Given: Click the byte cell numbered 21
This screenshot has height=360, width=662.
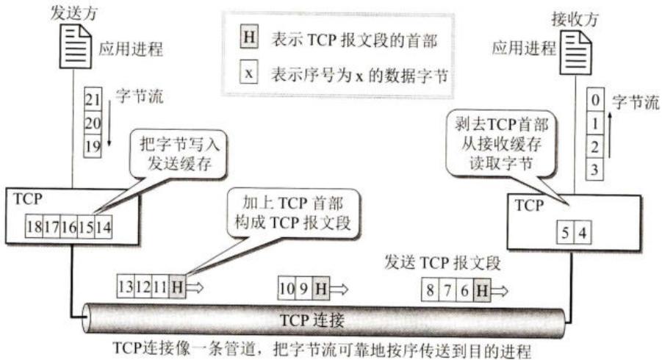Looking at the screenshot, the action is (x=93, y=99).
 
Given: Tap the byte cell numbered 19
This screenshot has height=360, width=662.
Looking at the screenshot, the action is (x=93, y=146).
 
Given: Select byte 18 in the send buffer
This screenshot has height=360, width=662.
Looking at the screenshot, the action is (x=35, y=227).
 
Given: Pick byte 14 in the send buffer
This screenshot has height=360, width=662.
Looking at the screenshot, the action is (x=103, y=227).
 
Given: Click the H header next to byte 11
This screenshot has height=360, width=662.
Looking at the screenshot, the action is (x=177, y=287).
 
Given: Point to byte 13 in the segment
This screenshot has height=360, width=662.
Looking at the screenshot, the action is (x=126, y=287).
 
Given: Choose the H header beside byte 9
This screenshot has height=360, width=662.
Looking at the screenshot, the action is (x=321, y=289).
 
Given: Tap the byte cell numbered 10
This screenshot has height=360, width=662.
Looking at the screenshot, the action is (x=287, y=289).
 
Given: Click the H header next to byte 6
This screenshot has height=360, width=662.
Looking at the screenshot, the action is (x=482, y=290).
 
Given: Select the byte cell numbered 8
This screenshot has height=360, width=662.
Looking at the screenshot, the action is (x=430, y=290).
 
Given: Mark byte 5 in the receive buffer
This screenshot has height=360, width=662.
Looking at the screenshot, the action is (x=565, y=233).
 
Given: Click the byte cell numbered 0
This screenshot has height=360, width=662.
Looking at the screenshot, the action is (x=595, y=100).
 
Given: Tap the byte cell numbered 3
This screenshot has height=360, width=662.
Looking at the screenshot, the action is (x=595, y=169).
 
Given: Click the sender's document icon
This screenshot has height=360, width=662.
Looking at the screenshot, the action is (x=75, y=46).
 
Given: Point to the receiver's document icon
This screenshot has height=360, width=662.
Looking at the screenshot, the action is (x=576, y=53).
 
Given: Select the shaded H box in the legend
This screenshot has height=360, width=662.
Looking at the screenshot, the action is (x=249, y=37).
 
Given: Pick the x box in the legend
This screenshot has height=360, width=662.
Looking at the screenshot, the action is (x=248, y=73).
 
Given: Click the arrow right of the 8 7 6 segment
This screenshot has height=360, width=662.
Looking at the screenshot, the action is (x=500, y=290).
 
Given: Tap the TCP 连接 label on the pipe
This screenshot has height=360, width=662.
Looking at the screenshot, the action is (x=312, y=320).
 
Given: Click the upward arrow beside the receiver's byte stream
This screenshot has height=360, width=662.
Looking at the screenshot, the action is (x=609, y=135).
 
